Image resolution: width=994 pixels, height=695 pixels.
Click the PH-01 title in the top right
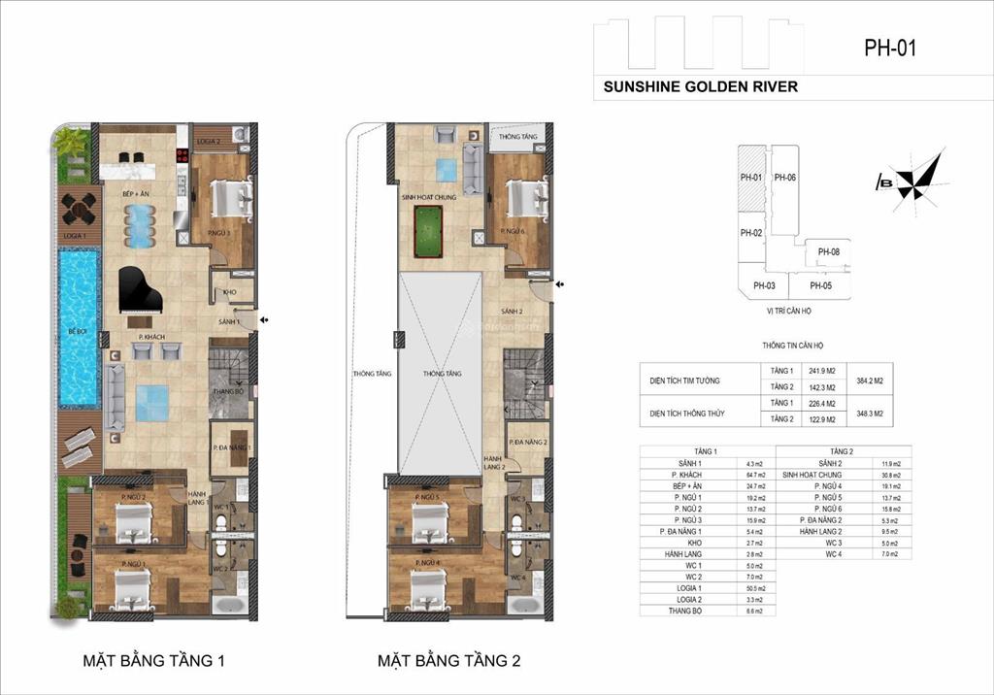coord(889,48)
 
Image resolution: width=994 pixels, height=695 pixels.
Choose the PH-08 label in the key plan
coord(828,252)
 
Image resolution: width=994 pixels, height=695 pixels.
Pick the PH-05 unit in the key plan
coord(820,285)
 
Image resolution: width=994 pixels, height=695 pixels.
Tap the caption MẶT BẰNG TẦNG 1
coord(154,662)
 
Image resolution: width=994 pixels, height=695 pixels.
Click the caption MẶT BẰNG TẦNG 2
coord(449,662)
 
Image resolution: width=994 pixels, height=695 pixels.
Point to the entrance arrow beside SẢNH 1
coord(264,319)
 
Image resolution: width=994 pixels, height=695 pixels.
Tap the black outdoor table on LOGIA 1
coord(79,207)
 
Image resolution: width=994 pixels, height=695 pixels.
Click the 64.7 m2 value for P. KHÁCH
coord(756,475)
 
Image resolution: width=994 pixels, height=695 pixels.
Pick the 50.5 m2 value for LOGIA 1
coord(756,588)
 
